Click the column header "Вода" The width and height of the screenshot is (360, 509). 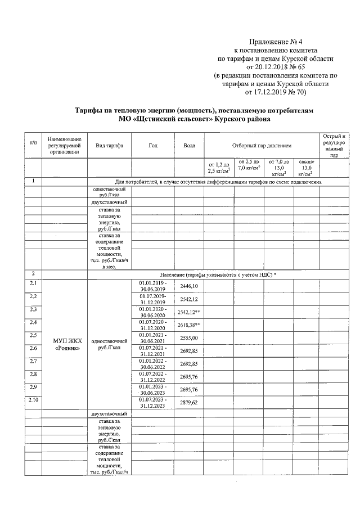click(189, 146)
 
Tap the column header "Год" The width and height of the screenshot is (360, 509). click(152, 146)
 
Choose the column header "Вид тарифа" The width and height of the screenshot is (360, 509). click(110, 146)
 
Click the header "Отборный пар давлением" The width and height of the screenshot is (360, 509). click(259, 146)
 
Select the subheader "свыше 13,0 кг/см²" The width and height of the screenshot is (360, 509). click(306, 167)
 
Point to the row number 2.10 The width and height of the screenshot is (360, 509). click(34, 399)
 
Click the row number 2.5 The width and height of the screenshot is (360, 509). click(33, 335)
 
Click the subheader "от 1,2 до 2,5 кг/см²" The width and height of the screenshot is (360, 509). click(219, 167)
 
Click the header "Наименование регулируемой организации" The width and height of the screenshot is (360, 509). click(65, 146)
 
